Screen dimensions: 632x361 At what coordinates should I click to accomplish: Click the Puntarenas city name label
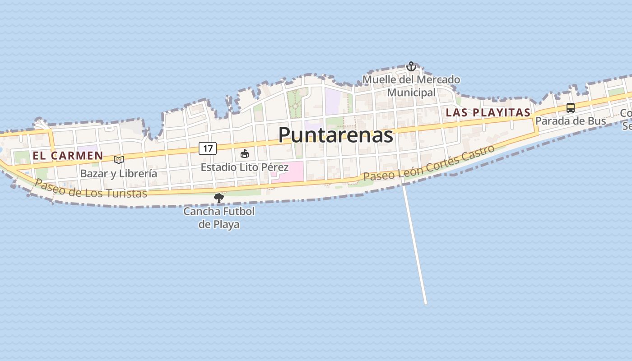point(335,134)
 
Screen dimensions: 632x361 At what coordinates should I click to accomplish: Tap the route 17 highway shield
point(208,148)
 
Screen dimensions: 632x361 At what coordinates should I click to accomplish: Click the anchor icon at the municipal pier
point(411,67)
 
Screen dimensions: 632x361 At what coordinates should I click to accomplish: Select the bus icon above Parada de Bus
point(571,108)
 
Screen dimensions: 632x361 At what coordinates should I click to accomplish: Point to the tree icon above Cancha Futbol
point(219,198)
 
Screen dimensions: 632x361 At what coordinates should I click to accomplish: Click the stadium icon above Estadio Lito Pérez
point(245,154)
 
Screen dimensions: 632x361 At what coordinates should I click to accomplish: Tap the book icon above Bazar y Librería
point(119,160)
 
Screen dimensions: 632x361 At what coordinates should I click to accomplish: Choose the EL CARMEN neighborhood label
point(68,156)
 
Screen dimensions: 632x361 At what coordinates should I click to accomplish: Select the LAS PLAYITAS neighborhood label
point(488,112)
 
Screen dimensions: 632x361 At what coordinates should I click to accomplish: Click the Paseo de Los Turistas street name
point(91,188)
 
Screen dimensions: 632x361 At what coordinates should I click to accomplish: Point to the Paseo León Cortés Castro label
point(429,163)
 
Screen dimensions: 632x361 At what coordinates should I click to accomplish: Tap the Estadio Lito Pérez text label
point(244,167)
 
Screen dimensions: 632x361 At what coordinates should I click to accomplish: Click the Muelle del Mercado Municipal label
point(411,86)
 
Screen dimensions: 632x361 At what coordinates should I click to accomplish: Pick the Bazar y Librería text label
point(119,173)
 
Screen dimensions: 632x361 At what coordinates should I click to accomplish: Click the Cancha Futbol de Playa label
point(219,218)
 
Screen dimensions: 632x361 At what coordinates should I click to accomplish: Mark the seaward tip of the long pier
point(425,303)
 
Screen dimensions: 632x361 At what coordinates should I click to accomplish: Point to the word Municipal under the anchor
point(411,93)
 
